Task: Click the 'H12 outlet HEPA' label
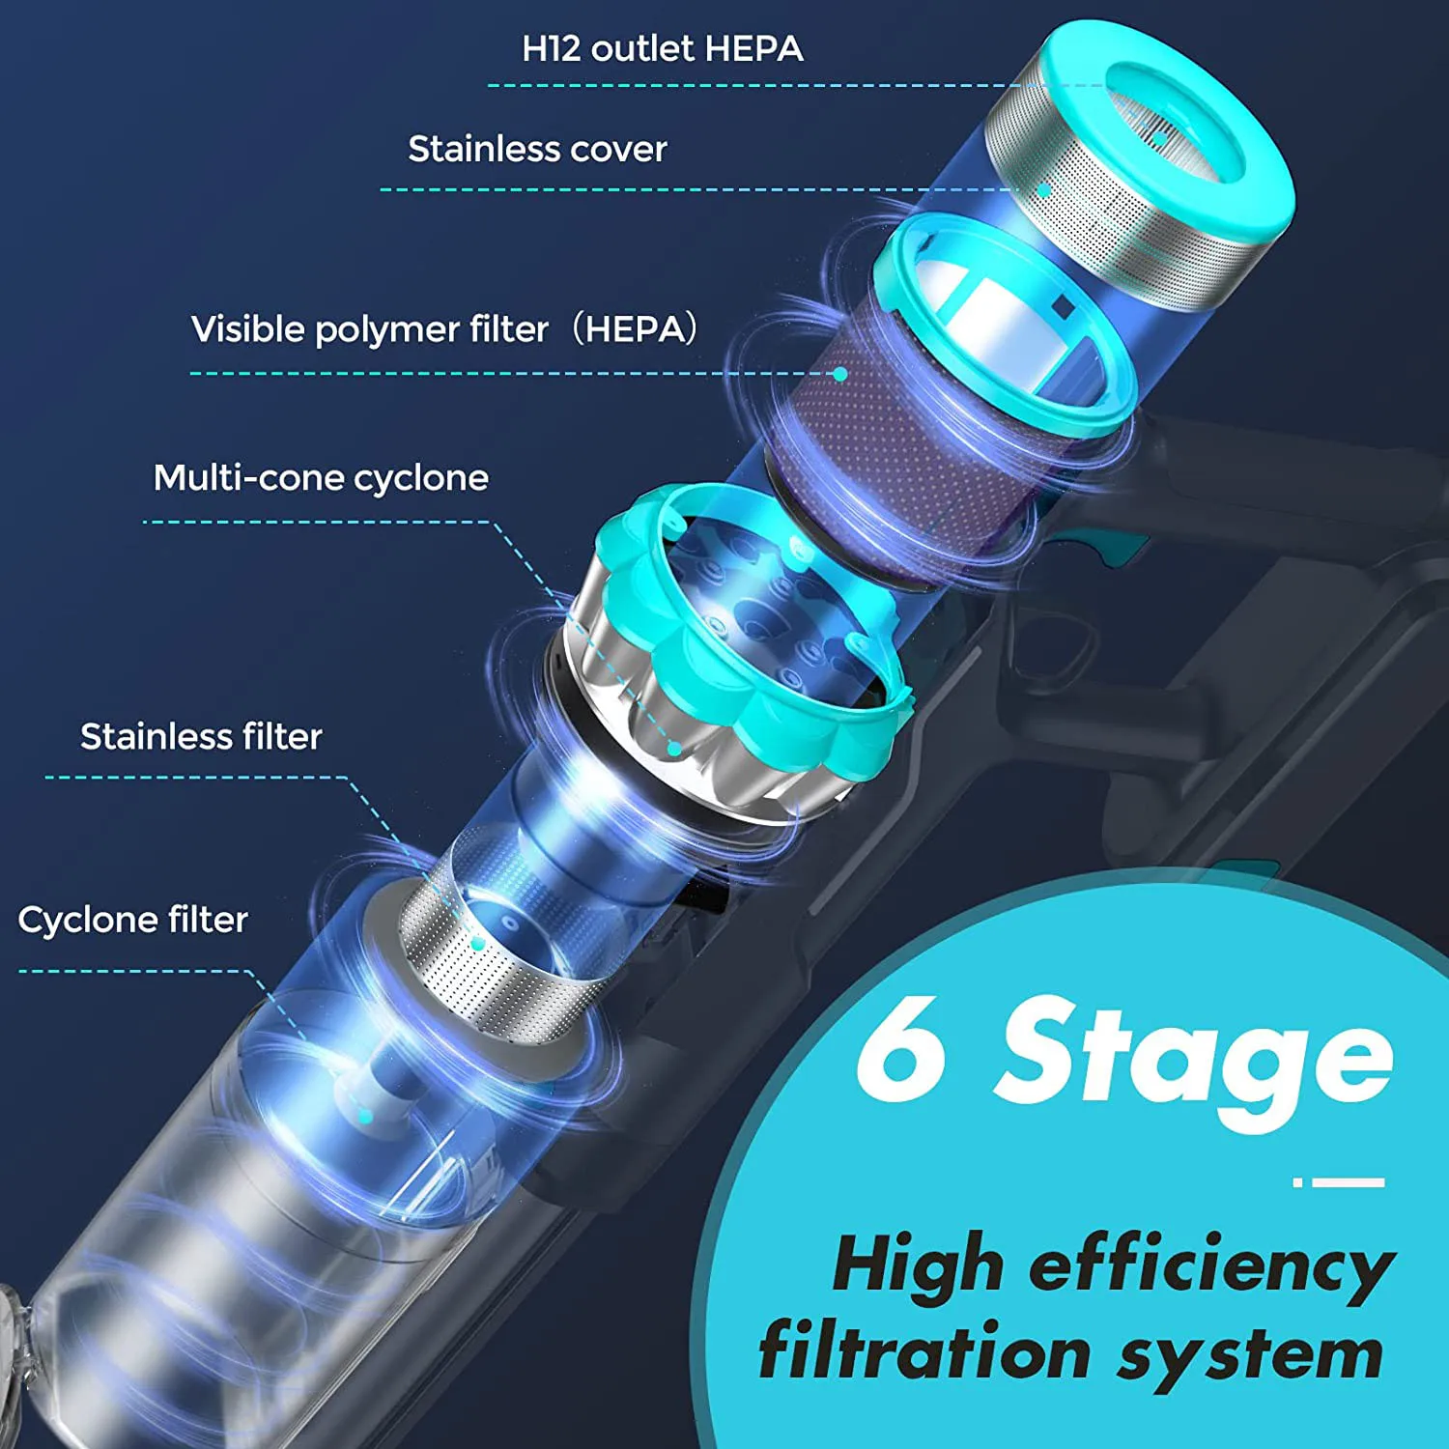[662, 48]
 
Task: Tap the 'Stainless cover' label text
[537, 149]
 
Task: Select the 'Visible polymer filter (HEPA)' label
[443, 329]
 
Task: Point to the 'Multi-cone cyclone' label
[321, 477]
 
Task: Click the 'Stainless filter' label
[201, 737]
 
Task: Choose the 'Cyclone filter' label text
[132, 920]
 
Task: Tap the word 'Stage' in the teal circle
[1194, 1058]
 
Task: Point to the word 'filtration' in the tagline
[924, 1352]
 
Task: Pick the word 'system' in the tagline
[1251, 1354]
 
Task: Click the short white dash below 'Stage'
[1348, 1181]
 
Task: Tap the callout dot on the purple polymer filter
[840, 374]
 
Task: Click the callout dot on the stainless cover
[1044, 190]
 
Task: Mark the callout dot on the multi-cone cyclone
[675, 749]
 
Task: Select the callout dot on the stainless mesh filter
[476, 942]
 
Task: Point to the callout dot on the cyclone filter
[365, 1117]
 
